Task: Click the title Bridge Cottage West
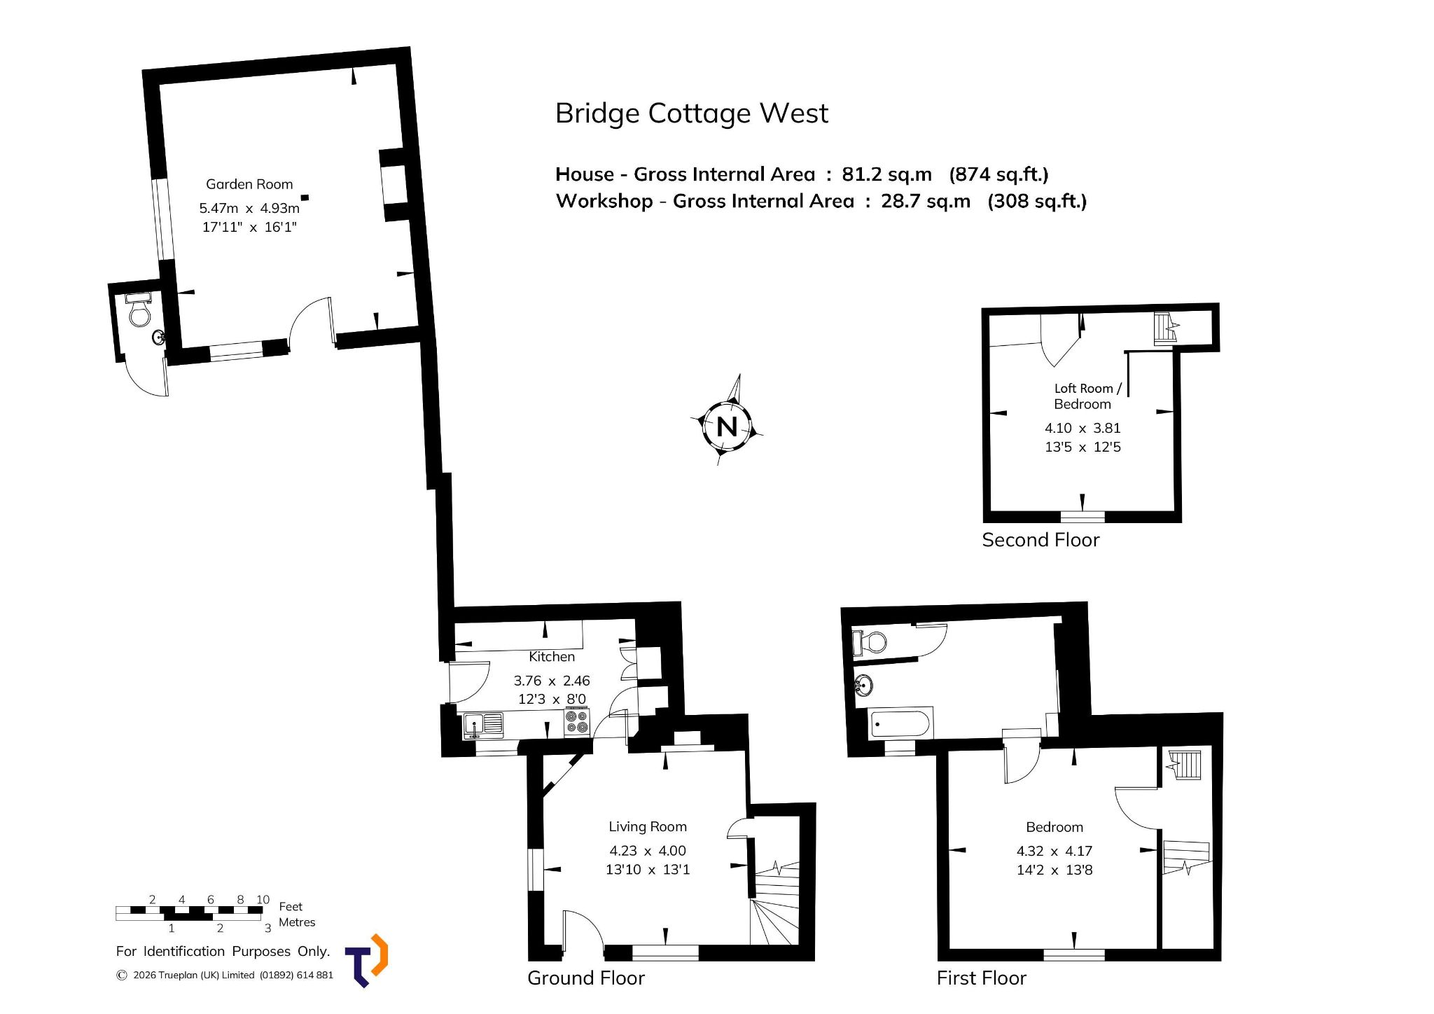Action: point(691,113)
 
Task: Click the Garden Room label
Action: point(249,184)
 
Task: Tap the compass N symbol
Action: point(727,425)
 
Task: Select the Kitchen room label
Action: point(552,656)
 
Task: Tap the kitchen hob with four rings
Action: point(577,722)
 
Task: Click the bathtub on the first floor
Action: point(900,723)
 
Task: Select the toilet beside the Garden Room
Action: point(139,311)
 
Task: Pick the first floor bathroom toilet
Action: point(870,641)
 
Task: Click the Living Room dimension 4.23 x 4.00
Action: point(648,850)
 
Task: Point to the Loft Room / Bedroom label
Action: point(1087,396)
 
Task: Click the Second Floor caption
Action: point(1040,540)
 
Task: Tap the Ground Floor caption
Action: point(585,978)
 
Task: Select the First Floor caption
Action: point(981,978)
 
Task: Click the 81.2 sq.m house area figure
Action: point(886,174)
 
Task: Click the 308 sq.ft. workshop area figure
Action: point(1037,201)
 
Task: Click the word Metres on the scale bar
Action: point(297,922)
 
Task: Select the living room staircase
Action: point(775,903)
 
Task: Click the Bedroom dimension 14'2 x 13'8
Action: point(1054,870)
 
